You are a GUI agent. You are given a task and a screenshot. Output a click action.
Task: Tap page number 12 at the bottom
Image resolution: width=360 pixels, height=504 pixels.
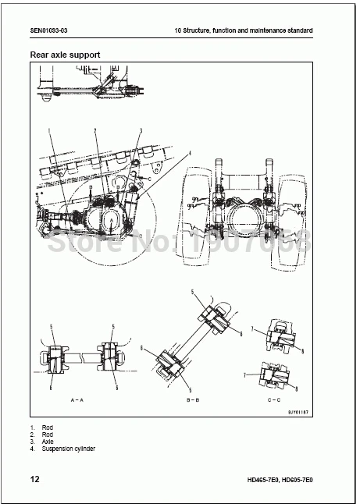click(x=34, y=478)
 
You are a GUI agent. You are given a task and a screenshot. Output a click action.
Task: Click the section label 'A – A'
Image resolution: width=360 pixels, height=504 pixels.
click(x=77, y=398)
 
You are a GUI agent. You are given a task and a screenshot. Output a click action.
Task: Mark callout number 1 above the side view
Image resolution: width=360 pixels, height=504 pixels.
click(x=48, y=130)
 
